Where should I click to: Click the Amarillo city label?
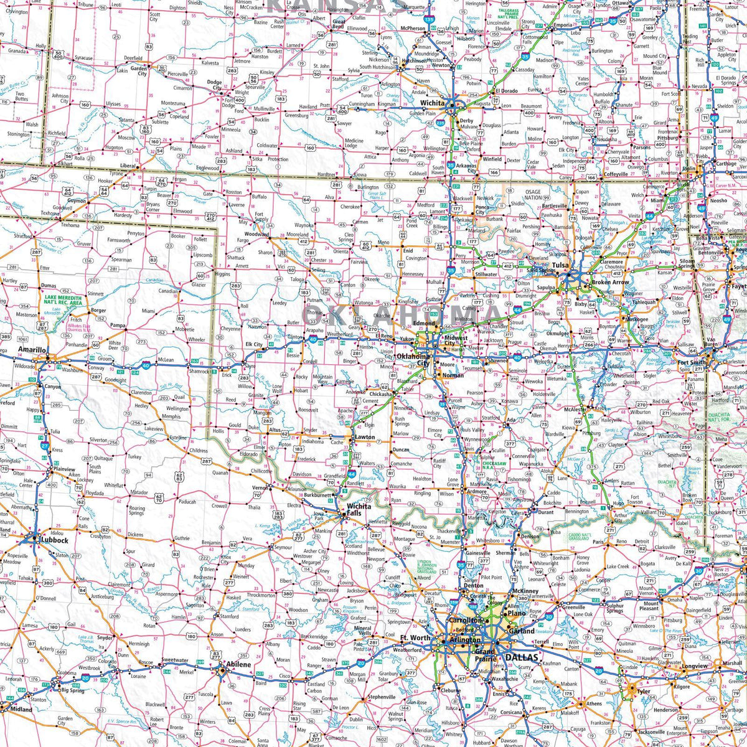click(32, 350)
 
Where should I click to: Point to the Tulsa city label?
click(560, 266)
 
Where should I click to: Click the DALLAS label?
click(520, 657)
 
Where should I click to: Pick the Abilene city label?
click(238, 664)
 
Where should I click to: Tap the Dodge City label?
click(214, 85)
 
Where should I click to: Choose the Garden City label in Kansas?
click(138, 70)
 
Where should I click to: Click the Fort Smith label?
click(692, 362)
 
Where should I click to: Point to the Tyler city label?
click(643, 691)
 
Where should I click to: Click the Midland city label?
click(21, 709)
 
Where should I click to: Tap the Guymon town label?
click(77, 201)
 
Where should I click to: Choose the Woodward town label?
click(256, 235)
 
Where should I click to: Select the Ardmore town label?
click(476, 491)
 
